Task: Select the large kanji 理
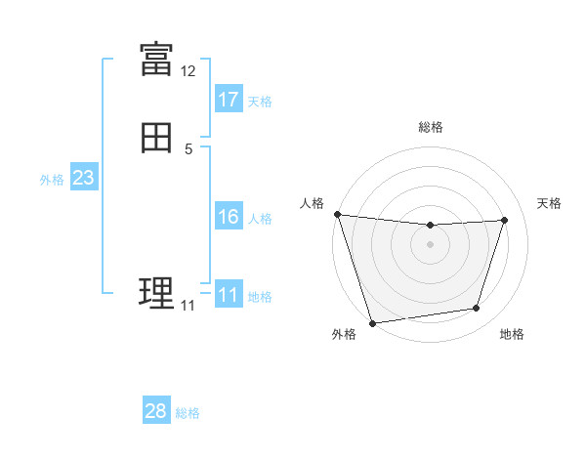[156, 292]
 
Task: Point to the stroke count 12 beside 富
[188, 71]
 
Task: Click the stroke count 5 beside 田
[188, 149]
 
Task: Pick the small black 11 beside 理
[188, 306]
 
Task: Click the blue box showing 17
[229, 100]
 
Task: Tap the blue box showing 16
[229, 217]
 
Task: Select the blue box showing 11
[229, 295]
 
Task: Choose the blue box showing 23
[83, 178]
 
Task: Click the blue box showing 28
[156, 411]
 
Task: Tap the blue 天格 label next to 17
[260, 102]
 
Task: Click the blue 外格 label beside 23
[52, 180]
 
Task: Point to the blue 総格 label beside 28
[188, 413]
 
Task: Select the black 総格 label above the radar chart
[430, 127]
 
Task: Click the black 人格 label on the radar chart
[312, 203]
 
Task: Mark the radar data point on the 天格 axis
[505, 220]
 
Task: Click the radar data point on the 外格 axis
[372, 322]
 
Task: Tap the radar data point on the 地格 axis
[477, 309]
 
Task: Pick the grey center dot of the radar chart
[430, 244]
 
